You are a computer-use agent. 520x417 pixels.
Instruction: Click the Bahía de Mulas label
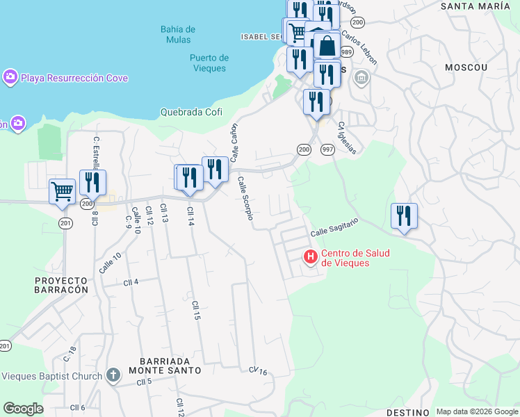click(177, 34)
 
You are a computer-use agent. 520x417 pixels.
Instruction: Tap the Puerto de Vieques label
click(209, 63)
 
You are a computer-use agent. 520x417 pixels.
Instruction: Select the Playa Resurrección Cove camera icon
click(10, 77)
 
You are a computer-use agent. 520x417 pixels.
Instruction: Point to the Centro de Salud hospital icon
click(311, 257)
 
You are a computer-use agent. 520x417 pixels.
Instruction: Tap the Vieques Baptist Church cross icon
click(113, 376)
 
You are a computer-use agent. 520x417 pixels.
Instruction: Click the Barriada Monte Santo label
click(170, 366)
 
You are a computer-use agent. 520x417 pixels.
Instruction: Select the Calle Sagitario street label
click(334, 226)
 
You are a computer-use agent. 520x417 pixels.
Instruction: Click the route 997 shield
click(327, 149)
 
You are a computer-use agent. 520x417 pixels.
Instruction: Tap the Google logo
click(23, 409)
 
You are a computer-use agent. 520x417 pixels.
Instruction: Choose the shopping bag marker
click(327, 47)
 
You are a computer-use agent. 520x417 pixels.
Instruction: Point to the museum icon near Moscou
click(361, 77)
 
